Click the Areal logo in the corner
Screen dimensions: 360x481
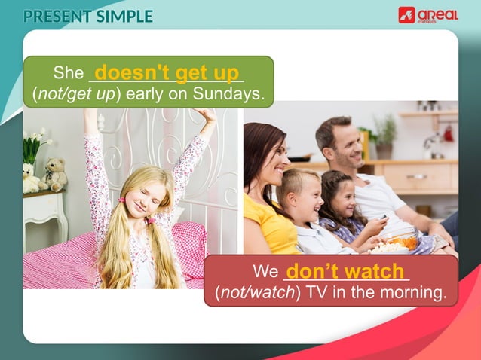pos(427,14)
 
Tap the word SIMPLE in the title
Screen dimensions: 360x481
pos(124,16)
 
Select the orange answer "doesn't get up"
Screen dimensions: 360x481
pos(167,72)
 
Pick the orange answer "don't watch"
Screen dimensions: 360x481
pos(348,270)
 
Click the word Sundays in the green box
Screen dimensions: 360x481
pos(233,94)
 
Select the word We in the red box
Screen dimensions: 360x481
pos(265,272)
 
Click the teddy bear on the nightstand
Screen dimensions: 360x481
pos(55,173)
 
